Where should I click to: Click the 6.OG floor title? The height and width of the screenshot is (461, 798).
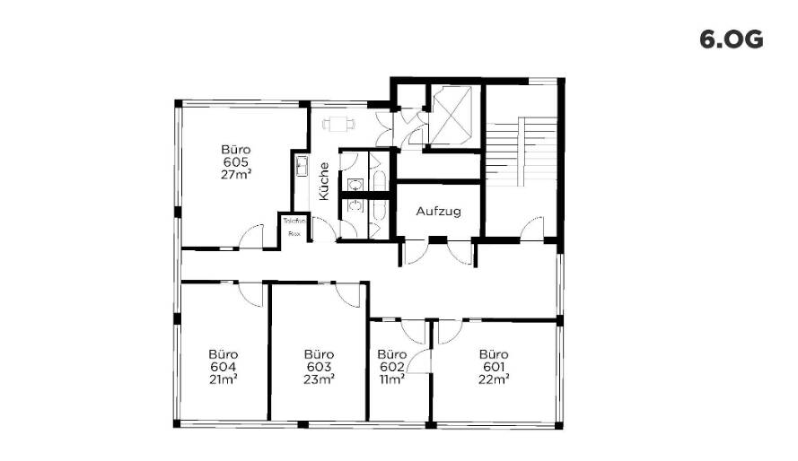(731, 40)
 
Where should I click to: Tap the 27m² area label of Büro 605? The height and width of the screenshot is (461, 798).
(235, 175)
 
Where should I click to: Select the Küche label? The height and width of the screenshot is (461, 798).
(323, 183)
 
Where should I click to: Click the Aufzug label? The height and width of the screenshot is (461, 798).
(438, 213)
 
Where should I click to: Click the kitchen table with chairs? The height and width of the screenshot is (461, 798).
(338, 125)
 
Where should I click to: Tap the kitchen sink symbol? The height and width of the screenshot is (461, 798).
(301, 166)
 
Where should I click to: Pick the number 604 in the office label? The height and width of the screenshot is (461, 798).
(223, 367)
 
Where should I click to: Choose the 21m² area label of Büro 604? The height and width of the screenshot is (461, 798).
(223, 379)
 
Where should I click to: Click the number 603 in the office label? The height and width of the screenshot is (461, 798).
(319, 367)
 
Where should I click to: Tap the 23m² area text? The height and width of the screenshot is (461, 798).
(319, 379)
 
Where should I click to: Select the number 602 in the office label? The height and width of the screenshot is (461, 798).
(391, 367)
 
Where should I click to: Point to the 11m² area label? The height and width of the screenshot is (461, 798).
(391, 379)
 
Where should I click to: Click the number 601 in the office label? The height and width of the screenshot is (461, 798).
(494, 367)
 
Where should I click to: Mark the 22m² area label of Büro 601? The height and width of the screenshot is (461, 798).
(494, 379)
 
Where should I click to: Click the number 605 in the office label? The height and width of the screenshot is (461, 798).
(235, 162)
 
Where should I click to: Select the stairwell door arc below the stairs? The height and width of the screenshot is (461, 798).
(532, 228)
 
